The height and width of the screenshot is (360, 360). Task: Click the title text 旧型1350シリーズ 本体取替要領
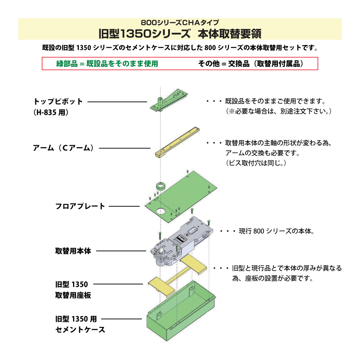tap(180, 33)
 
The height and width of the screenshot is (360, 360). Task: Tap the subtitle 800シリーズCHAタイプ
tap(180, 22)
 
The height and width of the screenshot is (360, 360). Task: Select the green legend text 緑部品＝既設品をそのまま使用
tap(107, 64)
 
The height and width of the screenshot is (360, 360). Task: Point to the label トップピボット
tap(58, 102)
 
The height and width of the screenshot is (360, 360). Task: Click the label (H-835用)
tap(50, 112)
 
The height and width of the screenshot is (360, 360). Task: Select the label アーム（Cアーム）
tap(63, 148)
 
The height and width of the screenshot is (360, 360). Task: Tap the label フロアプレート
tap(80, 206)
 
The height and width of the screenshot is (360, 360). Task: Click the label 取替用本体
tap(73, 251)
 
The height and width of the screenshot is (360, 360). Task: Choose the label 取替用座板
tap(73, 295)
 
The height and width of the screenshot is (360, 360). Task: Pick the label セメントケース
tap(80, 329)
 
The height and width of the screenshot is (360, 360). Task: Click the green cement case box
tap(180, 317)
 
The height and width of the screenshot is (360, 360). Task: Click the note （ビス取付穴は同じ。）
tap(256, 163)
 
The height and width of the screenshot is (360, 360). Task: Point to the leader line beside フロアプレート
tap(124, 206)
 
